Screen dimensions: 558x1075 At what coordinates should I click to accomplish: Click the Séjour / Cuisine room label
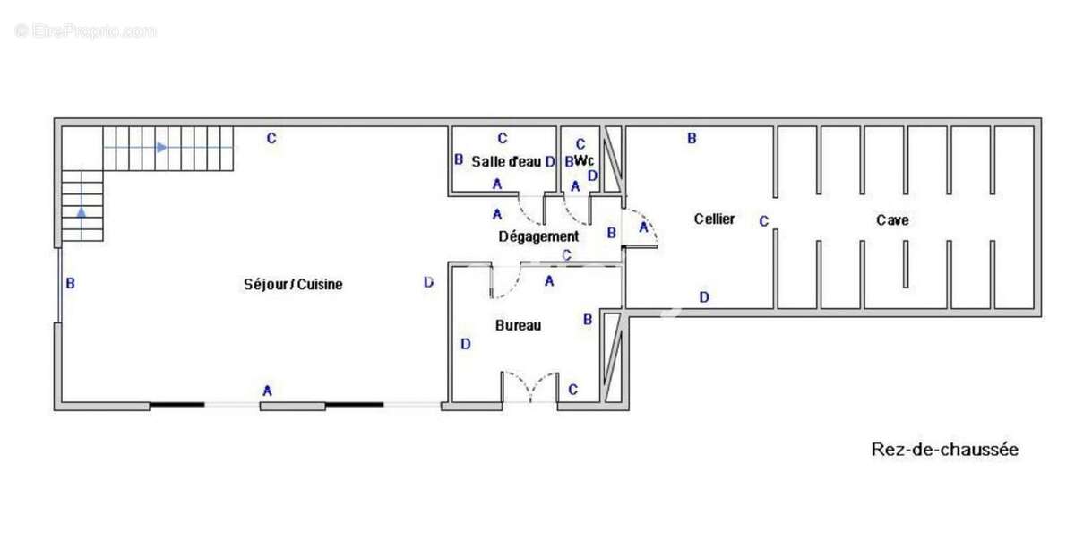point(293,284)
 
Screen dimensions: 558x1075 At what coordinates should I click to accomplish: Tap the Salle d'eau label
point(506,161)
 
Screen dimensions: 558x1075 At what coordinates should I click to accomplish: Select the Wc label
point(584,160)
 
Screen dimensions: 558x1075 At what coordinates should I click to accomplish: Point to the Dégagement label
point(538,236)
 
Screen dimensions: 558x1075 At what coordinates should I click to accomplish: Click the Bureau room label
point(518,325)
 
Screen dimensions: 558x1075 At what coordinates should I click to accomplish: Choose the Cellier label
point(714,219)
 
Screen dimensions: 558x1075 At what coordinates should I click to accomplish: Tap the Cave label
point(892,219)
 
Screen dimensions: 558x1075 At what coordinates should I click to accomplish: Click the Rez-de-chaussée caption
point(944,450)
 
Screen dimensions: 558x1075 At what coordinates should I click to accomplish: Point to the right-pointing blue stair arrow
point(161,147)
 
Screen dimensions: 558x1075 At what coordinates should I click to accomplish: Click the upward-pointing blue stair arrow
point(82,212)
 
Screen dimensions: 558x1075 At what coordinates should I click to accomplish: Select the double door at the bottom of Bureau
point(529,387)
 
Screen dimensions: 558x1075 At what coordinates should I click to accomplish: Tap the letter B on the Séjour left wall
point(70,284)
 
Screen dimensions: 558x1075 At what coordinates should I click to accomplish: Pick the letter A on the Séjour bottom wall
point(266,391)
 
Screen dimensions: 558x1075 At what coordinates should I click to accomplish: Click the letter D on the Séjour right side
point(428,282)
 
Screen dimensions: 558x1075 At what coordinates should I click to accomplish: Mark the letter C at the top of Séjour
point(271,138)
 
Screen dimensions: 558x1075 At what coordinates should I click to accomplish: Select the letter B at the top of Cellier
point(692,138)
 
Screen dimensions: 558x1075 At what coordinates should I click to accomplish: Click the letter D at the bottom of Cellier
point(704,296)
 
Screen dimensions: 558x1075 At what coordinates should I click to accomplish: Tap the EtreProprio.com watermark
point(85,30)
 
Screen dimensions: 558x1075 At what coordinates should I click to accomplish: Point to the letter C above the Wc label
point(580,143)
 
